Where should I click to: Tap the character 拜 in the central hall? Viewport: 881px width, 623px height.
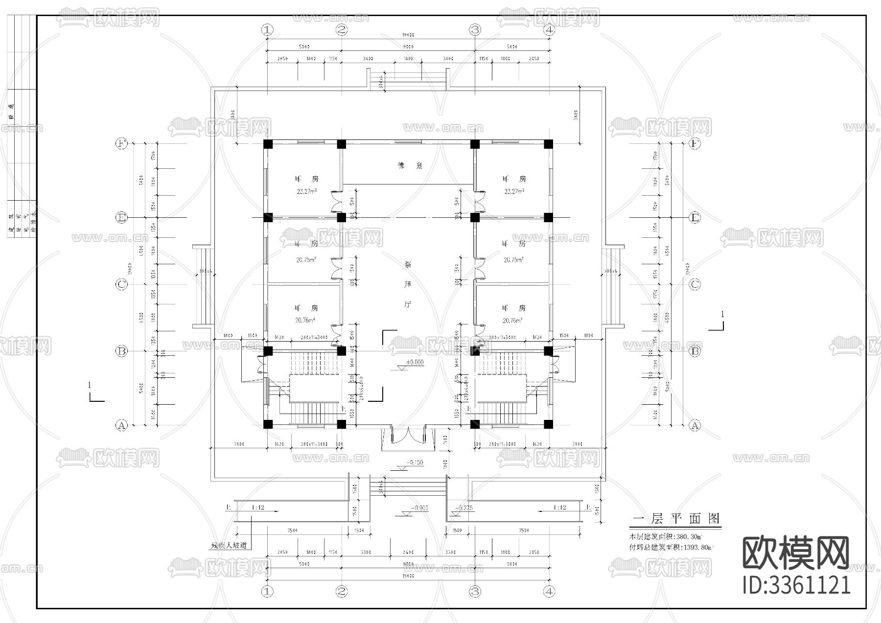pyautogui.click(x=408, y=284)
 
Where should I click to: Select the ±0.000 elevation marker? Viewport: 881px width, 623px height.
pyautogui.click(x=415, y=363)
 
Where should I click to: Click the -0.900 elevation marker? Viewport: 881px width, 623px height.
pyautogui.click(x=419, y=508)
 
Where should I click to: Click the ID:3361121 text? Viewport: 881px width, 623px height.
pyautogui.click(x=796, y=585)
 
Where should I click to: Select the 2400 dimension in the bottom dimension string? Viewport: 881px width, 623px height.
pyautogui.click(x=408, y=552)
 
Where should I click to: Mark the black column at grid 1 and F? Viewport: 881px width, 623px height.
pyautogui.click(x=267, y=144)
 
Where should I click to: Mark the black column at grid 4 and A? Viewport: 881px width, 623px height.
pyautogui.click(x=548, y=424)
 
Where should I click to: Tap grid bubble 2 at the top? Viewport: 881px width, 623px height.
pyautogui.click(x=342, y=29)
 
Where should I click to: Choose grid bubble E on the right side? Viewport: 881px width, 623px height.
pyautogui.click(x=695, y=218)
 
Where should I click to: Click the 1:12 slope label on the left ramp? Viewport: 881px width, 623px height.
pyautogui.click(x=257, y=508)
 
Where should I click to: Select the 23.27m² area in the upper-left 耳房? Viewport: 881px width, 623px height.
pyautogui.click(x=306, y=191)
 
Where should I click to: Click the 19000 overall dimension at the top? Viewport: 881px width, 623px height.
pyautogui.click(x=408, y=35)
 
